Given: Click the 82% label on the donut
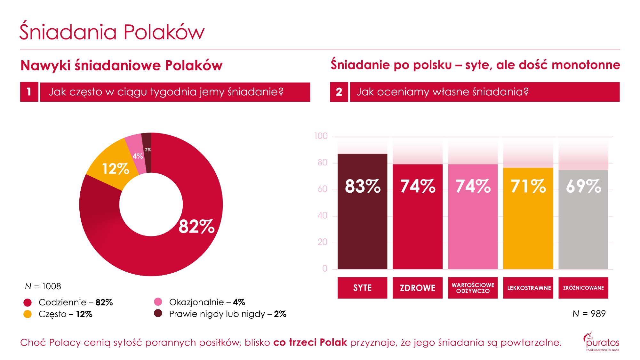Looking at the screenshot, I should point(196,226).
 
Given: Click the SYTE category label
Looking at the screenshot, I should point(362,288).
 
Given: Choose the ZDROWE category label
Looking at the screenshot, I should point(418,288).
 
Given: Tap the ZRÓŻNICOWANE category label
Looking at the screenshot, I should point(583,288).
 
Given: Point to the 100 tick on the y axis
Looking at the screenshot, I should point(321,136).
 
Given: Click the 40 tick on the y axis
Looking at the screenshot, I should point(323,215).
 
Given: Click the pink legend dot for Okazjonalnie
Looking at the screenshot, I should point(158,301).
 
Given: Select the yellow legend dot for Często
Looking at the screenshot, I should point(28,314).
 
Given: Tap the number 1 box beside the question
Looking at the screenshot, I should point(29,92).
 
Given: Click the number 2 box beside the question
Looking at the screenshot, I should point(339,92).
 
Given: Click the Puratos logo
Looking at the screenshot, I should point(602,341).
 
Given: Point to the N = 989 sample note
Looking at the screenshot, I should point(589,314).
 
